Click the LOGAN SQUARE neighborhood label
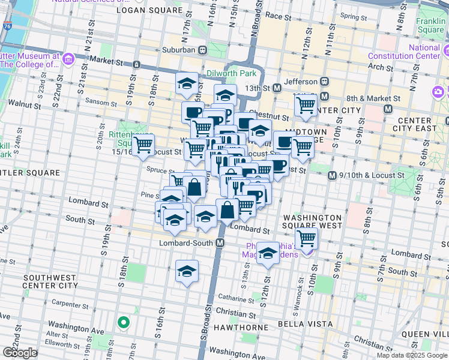[149, 10]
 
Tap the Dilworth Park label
[231, 73]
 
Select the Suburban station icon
[203, 50]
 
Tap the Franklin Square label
[430, 25]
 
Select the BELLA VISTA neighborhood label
[305, 324]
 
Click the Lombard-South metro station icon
[220, 243]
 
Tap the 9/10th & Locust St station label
[368, 175]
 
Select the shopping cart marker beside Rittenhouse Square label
[143, 145]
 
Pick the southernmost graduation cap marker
[187, 271]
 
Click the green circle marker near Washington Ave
[123, 323]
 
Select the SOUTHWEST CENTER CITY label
[50, 282]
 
